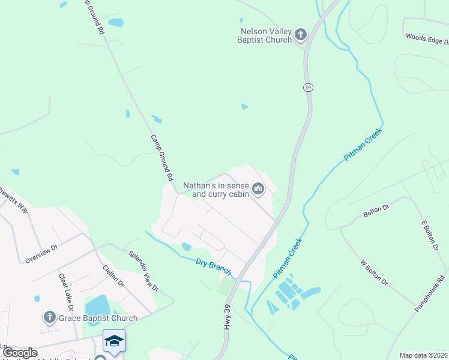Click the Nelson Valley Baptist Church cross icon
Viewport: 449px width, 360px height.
(x=301, y=35)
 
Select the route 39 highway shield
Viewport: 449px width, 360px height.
(x=308, y=88)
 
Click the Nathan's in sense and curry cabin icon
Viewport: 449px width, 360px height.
(x=259, y=190)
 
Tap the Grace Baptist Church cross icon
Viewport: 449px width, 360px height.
(x=50, y=317)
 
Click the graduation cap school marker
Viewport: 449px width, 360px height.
(x=114, y=341)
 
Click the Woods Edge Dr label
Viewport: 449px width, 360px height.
(x=427, y=39)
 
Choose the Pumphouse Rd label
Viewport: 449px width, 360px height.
(x=432, y=293)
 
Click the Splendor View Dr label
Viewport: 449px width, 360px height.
(x=143, y=271)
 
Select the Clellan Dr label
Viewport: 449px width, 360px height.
(x=113, y=275)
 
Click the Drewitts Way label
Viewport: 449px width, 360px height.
(x=13, y=200)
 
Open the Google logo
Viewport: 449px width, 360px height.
(x=20, y=353)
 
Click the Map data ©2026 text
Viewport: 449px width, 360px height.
(x=423, y=355)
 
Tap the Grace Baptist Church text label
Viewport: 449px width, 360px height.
(x=98, y=318)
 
